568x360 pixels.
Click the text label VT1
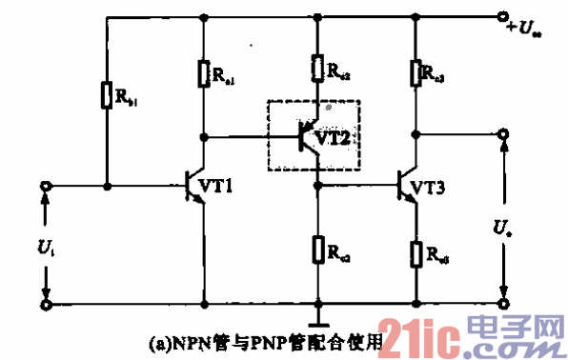pyautogui.click(x=225, y=186)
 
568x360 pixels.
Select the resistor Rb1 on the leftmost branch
pyautogui.click(x=107, y=94)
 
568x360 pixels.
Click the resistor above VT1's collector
pyautogui.click(x=204, y=73)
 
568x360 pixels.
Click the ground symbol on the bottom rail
pyautogui.click(x=317, y=315)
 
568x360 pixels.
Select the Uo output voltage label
pyautogui.click(x=500, y=229)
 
